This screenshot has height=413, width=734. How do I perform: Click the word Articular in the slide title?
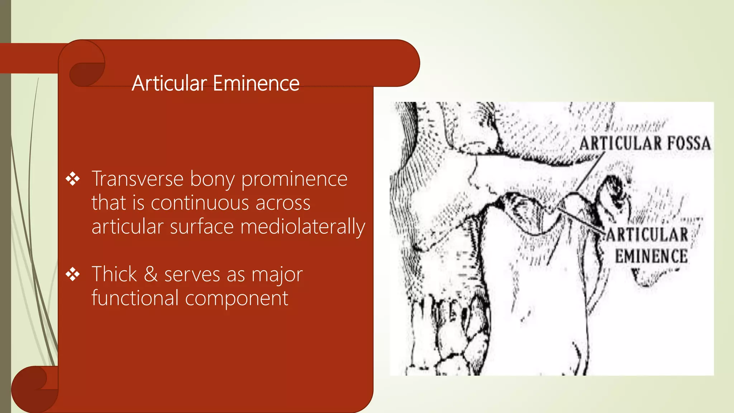click(169, 83)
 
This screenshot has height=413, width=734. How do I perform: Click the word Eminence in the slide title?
click(256, 83)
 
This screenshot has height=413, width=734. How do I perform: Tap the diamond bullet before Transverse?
click(73, 179)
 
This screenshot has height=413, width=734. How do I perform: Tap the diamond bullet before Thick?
click(73, 274)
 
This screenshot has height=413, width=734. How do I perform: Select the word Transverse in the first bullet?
click(137, 179)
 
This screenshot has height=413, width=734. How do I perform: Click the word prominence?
click(294, 180)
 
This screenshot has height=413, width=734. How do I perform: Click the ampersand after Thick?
click(151, 274)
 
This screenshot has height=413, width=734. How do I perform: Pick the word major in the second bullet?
click(277, 275)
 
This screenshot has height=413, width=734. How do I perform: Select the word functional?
click(135, 298)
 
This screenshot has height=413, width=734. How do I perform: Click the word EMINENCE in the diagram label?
click(651, 256)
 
